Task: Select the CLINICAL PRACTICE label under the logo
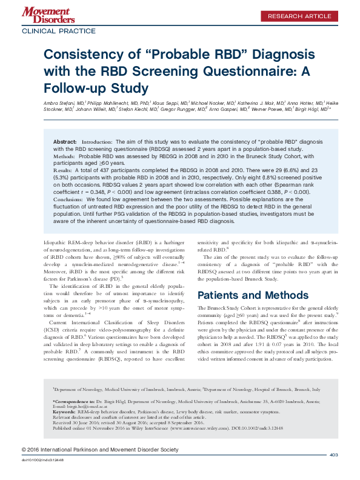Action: (59, 30)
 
